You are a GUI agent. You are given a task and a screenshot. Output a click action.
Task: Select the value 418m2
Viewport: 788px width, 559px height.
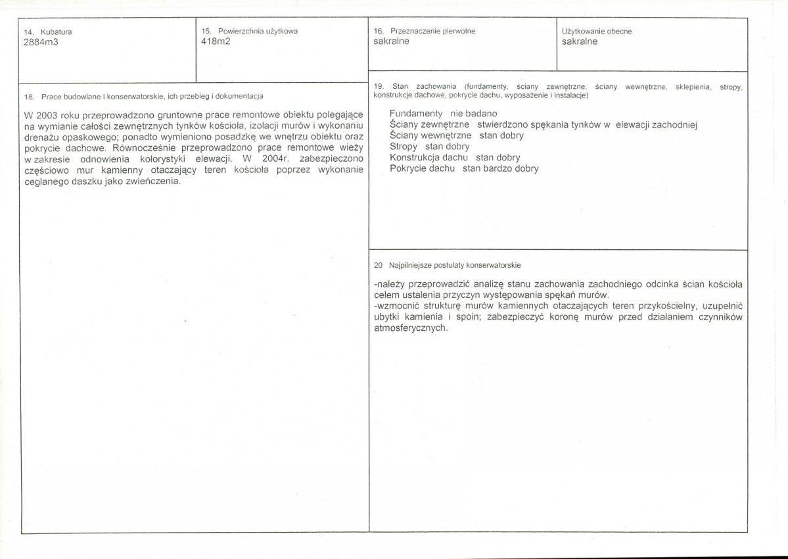[x=216, y=41]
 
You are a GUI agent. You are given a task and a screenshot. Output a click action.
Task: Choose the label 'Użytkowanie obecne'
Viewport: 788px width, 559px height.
[x=597, y=32]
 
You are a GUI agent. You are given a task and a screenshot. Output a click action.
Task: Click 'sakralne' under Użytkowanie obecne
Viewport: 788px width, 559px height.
[x=580, y=41]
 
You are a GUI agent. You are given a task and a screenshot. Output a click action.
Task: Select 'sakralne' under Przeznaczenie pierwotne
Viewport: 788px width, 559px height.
[x=391, y=41]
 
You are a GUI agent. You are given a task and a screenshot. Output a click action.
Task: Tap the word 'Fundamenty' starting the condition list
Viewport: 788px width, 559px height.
[x=415, y=113]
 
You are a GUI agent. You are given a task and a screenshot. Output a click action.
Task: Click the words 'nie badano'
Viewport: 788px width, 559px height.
[x=474, y=113]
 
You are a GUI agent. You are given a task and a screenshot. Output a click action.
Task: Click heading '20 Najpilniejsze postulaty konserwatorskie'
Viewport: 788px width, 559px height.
[x=447, y=266]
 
